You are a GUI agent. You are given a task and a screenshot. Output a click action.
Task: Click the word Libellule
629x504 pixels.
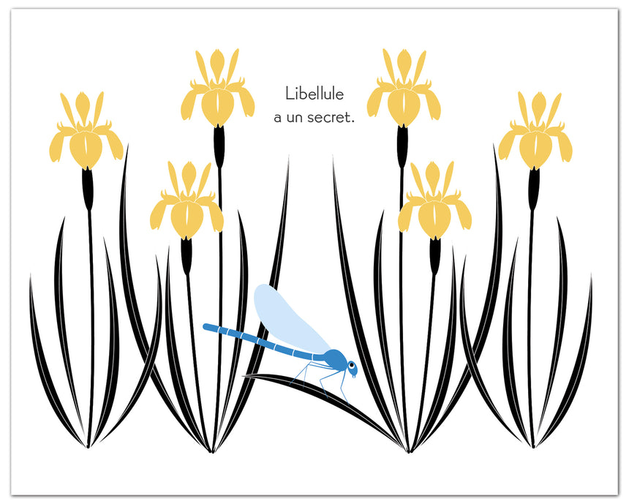314,94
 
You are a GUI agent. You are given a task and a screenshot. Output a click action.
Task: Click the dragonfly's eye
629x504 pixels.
352,366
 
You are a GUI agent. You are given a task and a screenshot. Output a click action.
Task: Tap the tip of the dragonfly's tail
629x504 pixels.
206,327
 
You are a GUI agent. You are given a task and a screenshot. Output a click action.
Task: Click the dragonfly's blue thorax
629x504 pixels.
335,358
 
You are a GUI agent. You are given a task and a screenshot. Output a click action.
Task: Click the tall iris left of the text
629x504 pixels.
218,88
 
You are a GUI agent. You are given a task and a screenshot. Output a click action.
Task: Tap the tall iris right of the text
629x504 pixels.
404,88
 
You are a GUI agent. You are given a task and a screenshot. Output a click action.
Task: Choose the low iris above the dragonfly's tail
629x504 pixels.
187,200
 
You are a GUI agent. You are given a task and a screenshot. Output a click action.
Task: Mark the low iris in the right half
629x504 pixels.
434,200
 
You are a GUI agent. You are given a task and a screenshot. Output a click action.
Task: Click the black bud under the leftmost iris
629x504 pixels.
88,189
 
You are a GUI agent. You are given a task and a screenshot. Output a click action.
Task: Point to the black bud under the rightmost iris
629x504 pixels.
533,189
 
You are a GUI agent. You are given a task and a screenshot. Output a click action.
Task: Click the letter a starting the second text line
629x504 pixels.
278,119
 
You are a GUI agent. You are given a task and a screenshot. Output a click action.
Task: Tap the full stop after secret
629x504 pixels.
353,122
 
